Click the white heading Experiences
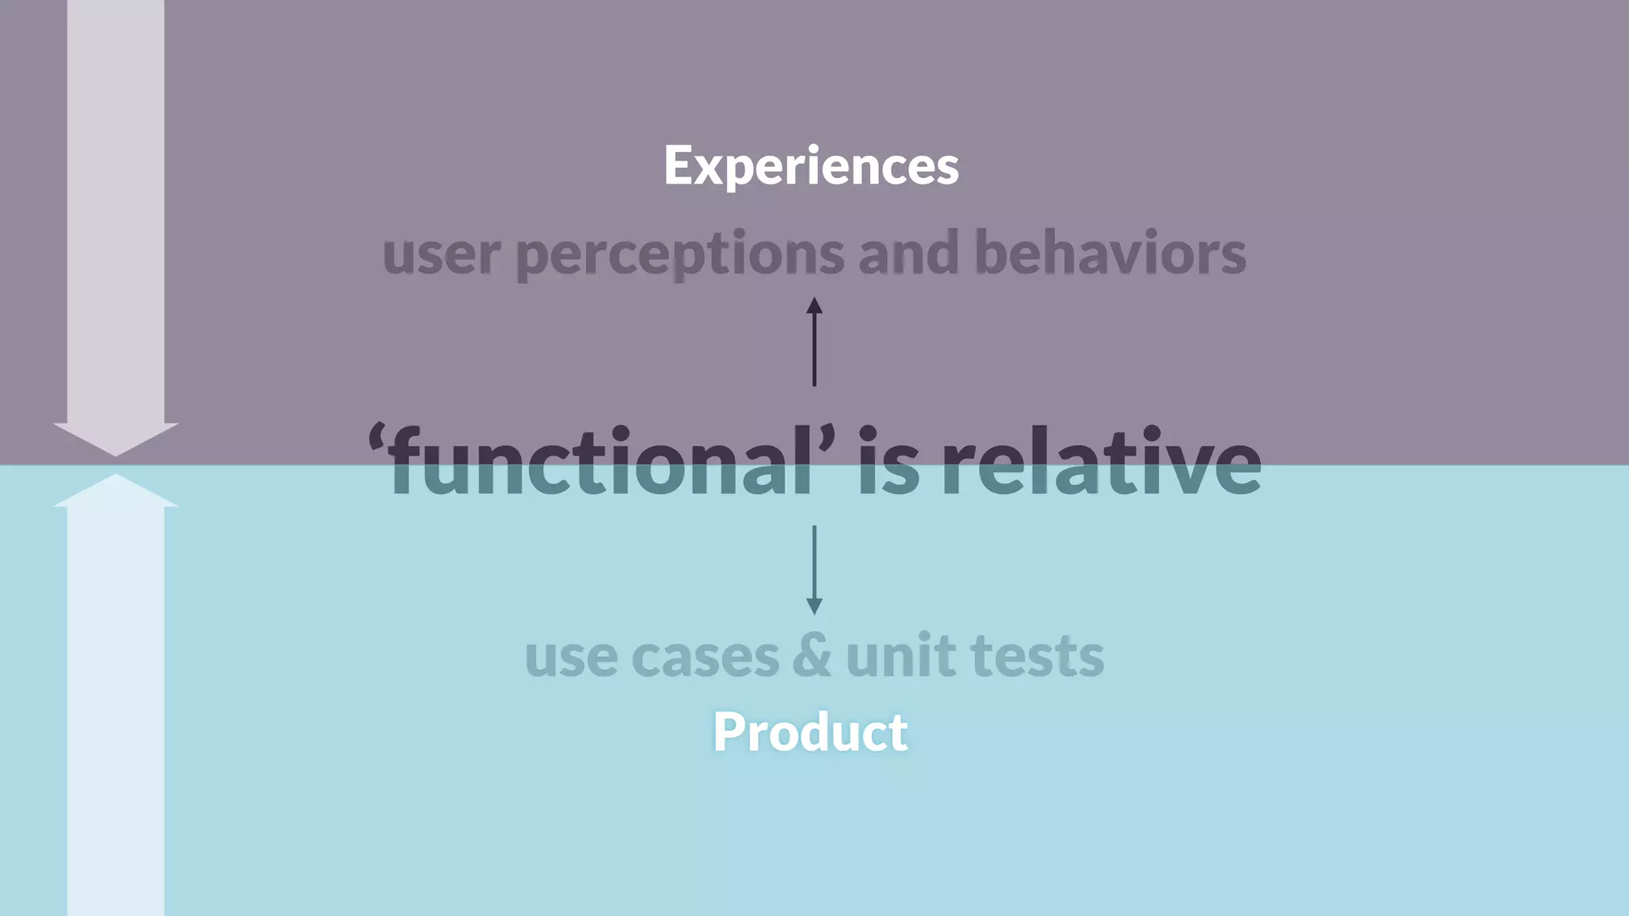coord(811,165)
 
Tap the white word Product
coord(810,732)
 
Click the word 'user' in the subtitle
coord(441,254)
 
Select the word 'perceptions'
coord(680,254)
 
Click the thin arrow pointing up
coord(814,341)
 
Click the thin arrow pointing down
coord(814,569)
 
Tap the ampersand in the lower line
coord(811,657)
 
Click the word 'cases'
coord(705,657)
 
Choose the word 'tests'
coord(1037,657)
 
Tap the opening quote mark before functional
coord(377,440)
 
